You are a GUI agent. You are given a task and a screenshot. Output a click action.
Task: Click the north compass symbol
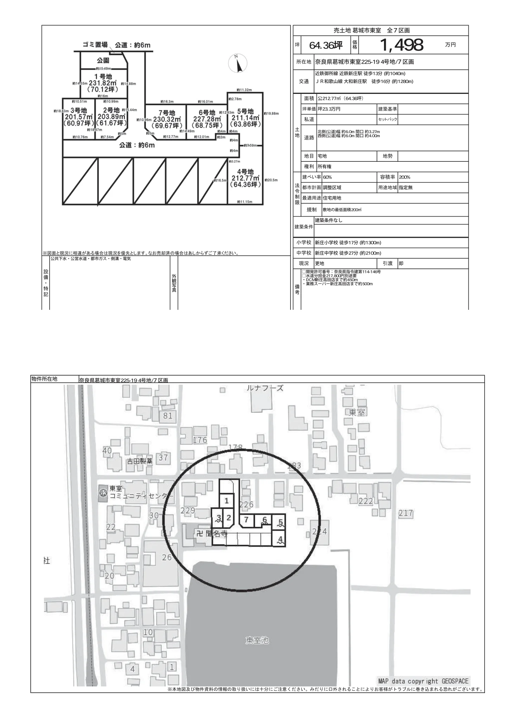[238, 63]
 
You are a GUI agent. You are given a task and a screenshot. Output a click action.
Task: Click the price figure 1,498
[402, 45]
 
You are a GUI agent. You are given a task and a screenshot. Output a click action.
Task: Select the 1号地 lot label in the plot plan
[103, 76]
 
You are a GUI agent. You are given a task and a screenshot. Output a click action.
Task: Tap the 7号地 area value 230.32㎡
[166, 119]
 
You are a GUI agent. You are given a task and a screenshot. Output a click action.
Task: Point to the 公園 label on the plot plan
[103, 60]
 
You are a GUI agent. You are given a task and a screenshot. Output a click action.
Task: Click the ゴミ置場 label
[95, 45]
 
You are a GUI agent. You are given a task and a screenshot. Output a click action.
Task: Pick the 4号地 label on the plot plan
[245, 172]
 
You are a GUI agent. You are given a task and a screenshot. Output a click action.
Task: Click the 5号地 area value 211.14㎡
[245, 118]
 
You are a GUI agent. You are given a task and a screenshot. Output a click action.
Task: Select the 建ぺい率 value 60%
[327, 177]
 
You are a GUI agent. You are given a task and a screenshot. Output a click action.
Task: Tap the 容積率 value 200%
[404, 177]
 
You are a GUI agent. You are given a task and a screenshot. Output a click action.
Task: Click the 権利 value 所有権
[325, 167]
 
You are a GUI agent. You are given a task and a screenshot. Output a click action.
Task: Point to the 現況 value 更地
[320, 263]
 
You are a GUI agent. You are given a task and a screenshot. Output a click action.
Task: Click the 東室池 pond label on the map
[257, 640]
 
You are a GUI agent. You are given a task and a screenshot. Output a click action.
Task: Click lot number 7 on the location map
[246, 519]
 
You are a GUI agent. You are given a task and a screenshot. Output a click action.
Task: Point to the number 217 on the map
[405, 513]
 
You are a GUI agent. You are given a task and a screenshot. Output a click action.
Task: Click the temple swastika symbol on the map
[199, 534]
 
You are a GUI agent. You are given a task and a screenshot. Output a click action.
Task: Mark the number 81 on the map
[168, 416]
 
